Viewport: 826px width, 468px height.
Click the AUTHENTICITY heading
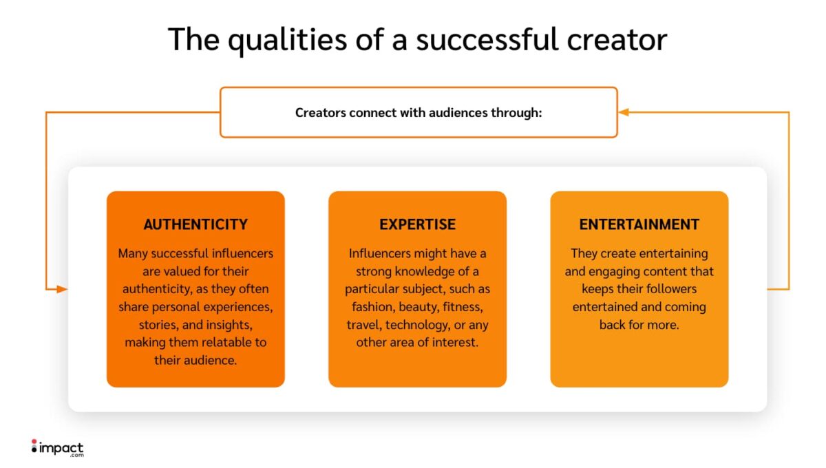coord(195,224)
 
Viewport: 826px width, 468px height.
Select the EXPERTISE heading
coord(417,224)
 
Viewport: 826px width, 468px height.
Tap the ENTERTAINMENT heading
coord(639,224)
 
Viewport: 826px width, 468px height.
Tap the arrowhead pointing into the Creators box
coord(623,111)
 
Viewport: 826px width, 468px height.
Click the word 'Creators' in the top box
coord(320,112)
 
